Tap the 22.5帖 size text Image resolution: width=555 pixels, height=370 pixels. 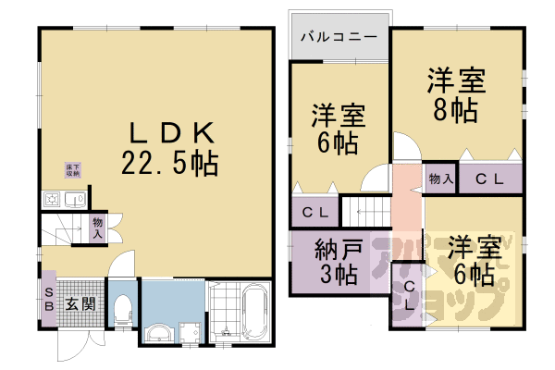169,164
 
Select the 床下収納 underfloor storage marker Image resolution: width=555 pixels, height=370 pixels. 71,169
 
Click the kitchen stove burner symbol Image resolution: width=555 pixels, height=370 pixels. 50,200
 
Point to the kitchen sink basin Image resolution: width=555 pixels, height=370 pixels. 73,199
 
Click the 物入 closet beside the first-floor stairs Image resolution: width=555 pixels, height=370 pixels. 97,228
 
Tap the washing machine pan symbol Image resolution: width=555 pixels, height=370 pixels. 190,332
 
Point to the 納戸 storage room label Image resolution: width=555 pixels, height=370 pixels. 338,249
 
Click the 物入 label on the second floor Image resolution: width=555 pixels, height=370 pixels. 440,179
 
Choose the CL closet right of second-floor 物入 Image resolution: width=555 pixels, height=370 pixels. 489,179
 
